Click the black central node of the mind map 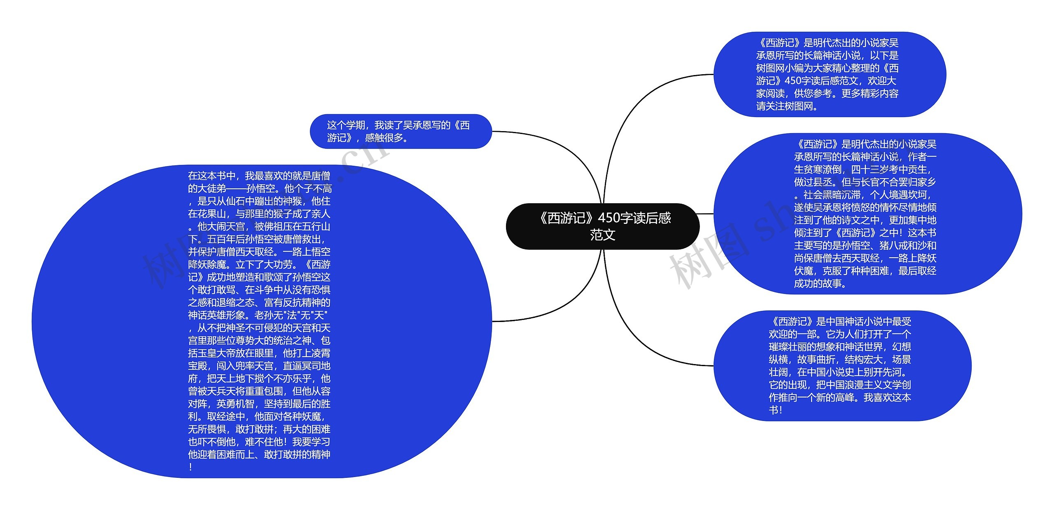[x=602, y=226]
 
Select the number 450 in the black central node [x=611, y=218]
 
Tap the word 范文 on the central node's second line [x=603, y=235]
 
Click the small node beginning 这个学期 [x=401, y=131]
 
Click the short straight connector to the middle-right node [x=706, y=214]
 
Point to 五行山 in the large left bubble [x=316, y=227]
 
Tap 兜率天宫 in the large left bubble [x=254, y=366]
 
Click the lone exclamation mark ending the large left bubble [x=191, y=467]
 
